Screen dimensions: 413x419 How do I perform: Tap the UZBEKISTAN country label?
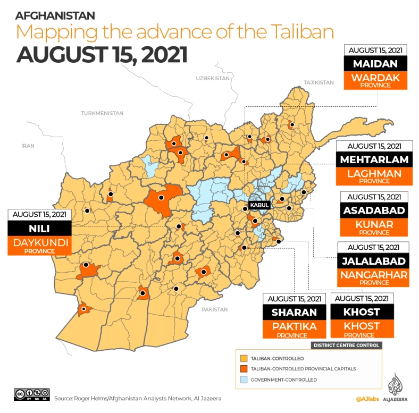213,78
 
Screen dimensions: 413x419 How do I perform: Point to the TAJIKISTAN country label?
318,82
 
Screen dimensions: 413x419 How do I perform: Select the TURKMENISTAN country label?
102,113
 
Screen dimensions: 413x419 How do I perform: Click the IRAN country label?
27,145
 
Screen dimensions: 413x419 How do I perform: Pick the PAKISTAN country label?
214,309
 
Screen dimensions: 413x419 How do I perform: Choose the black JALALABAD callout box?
374,261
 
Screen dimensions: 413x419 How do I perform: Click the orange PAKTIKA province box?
294,328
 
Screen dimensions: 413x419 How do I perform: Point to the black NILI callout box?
39,228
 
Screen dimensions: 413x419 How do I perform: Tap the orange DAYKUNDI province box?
39,245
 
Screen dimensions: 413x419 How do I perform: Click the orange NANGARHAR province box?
374,277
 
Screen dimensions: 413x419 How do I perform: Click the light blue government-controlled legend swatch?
244,380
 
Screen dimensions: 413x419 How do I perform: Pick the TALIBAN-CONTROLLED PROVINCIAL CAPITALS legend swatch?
244,369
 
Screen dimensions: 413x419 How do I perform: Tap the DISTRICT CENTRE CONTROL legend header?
347,345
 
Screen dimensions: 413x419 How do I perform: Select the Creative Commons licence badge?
32,394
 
